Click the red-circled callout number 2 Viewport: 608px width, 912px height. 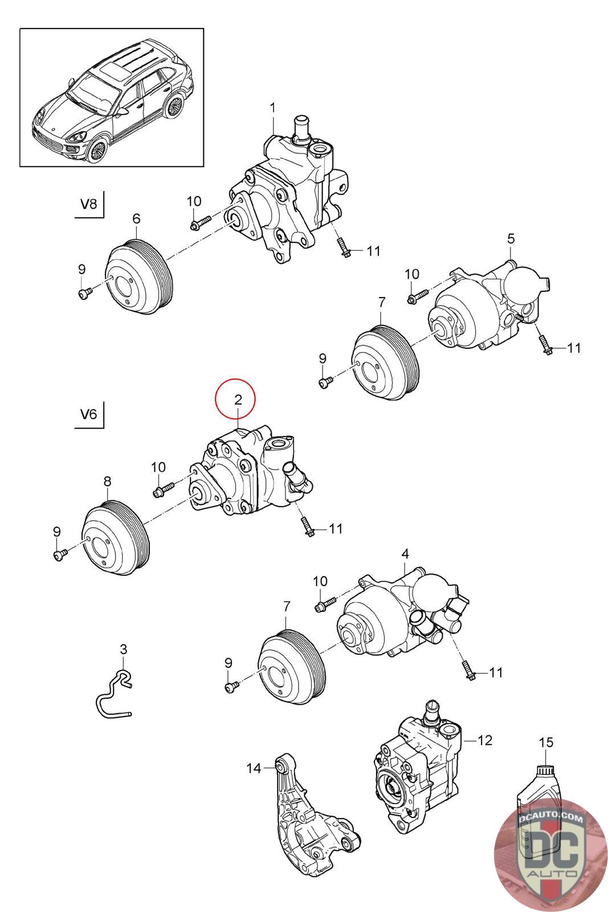tap(235, 400)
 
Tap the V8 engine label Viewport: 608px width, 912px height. tap(89, 205)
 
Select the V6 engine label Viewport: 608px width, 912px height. tap(89, 414)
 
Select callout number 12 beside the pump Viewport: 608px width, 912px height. tap(484, 740)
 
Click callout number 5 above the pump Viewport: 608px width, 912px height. tap(511, 238)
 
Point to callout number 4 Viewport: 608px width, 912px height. tap(405, 553)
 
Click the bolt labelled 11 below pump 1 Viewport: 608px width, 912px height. tap(343, 247)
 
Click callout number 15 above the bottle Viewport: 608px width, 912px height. tap(545, 743)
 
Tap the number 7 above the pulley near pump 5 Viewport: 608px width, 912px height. tap(381, 302)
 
